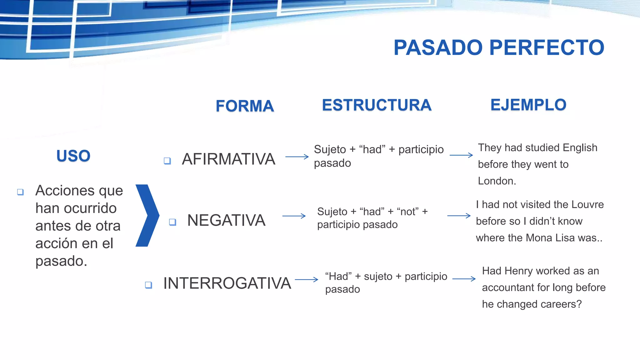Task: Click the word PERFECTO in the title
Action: coord(547,48)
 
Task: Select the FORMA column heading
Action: coord(245,106)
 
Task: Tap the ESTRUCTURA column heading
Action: coord(377,105)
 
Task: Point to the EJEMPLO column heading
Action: coord(528,105)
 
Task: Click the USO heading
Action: coord(73,156)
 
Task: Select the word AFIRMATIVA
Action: coord(228,159)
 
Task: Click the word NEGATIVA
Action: coord(226,220)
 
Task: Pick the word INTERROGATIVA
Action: coord(227,283)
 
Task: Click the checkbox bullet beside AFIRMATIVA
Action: coord(167,161)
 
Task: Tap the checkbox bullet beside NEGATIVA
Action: coord(172,222)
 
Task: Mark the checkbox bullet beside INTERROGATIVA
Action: coord(148,285)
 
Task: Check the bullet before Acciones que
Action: coord(20,192)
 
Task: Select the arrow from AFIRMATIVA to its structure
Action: coord(297,157)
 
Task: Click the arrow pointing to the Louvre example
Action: coord(459,216)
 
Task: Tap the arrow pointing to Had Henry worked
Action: coord(464,279)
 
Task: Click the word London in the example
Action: coord(497,181)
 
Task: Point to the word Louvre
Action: coord(587,204)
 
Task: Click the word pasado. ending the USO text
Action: coord(61,261)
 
